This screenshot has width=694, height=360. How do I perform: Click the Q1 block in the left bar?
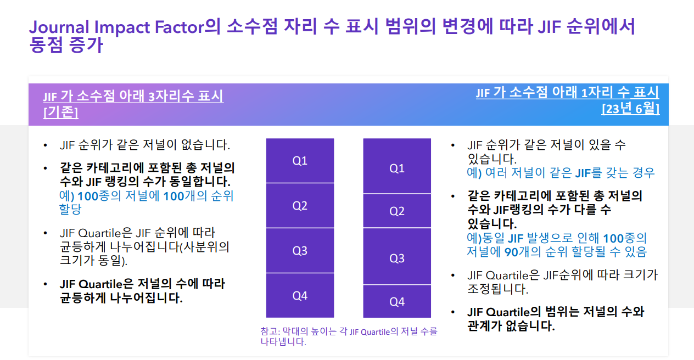tap(300, 160)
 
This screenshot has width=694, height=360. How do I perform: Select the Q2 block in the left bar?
tap(300, 206)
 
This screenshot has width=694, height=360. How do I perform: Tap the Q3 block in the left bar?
tap(300, 250)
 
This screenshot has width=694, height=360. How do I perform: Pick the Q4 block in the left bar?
tap(300, 296)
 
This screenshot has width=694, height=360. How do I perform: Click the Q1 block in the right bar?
tap(397, 166)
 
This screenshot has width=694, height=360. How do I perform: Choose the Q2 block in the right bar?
tap(397, 211)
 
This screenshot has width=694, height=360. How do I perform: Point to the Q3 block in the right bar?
tap(397, 256)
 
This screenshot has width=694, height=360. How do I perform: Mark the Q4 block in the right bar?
tap(397, 301)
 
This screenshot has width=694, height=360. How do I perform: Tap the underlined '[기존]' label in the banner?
tap(61, 112)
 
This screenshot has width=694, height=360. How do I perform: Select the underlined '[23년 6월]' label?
tap(630, 109)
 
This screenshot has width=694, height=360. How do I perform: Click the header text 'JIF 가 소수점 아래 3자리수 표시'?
tap(133, 96)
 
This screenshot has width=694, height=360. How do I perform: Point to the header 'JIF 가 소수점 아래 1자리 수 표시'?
tap(568, 92)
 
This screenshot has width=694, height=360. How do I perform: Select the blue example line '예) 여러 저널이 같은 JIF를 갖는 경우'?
tap(561, 173)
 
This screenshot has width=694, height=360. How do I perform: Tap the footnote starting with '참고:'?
tap(349, 336)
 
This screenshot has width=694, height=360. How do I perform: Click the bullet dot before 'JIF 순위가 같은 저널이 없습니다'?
tap(46, 145)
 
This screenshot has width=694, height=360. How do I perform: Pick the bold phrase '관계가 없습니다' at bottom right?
tap(511, 326)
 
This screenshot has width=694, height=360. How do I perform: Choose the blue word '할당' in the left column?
tap(70, 209)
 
